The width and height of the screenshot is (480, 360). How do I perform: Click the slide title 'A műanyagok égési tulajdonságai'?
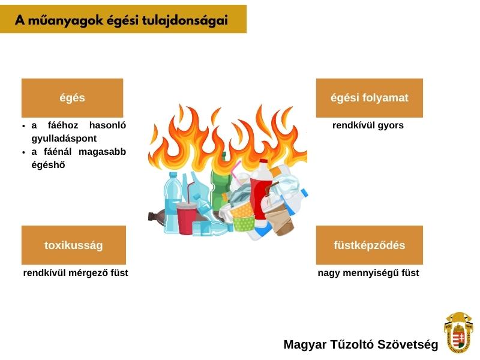pos(121,20)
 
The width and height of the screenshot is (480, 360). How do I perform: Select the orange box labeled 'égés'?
pos(72,98)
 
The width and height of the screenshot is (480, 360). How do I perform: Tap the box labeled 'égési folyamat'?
pos(369,98)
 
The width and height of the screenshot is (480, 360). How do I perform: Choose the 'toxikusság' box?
pos(73,245)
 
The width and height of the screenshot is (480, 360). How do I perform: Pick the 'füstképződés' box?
pos(369,245)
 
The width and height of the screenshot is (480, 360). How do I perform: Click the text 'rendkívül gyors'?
pos(368,125)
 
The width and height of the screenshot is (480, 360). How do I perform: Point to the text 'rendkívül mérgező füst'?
pos(76,273)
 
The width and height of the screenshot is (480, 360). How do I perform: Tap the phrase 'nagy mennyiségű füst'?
pos(368,273)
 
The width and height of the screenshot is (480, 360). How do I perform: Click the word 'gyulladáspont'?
pos(64,139)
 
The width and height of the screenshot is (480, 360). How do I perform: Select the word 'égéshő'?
pos(49,164)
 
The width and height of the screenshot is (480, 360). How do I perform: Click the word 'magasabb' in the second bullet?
pos(102,152)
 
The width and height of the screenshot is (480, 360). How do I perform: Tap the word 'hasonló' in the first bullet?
pos(107,125)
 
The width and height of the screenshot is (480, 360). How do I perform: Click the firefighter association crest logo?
pos(458,333)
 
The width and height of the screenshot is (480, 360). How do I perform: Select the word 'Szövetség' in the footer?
pos(407,344)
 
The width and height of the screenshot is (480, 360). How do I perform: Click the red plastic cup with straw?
pos(186,216)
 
